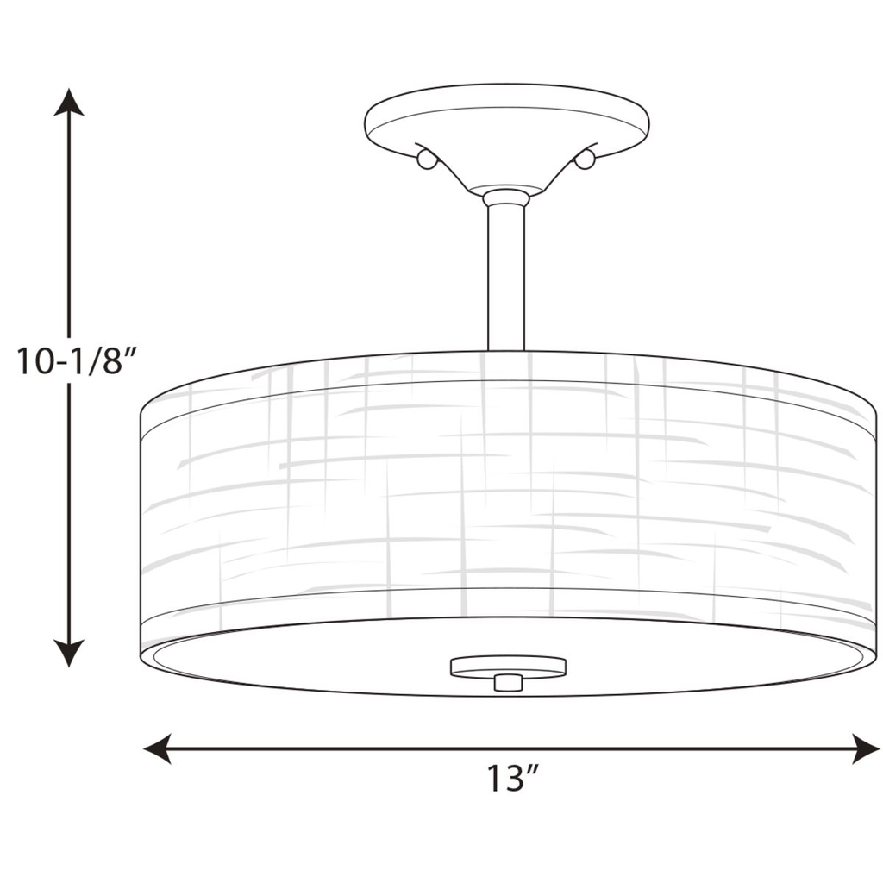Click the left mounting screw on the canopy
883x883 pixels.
coord(426,160)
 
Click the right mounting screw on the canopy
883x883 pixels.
coord(585,160)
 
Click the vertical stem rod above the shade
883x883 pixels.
coord(506,276)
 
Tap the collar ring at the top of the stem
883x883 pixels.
coord(506,198)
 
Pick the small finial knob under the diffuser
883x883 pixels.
coord(509,682)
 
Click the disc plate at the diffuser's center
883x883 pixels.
coord(509,665)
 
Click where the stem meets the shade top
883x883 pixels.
coord(506,349)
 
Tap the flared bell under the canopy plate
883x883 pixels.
coord(506,172)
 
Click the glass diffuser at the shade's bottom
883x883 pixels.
coord(345,664)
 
